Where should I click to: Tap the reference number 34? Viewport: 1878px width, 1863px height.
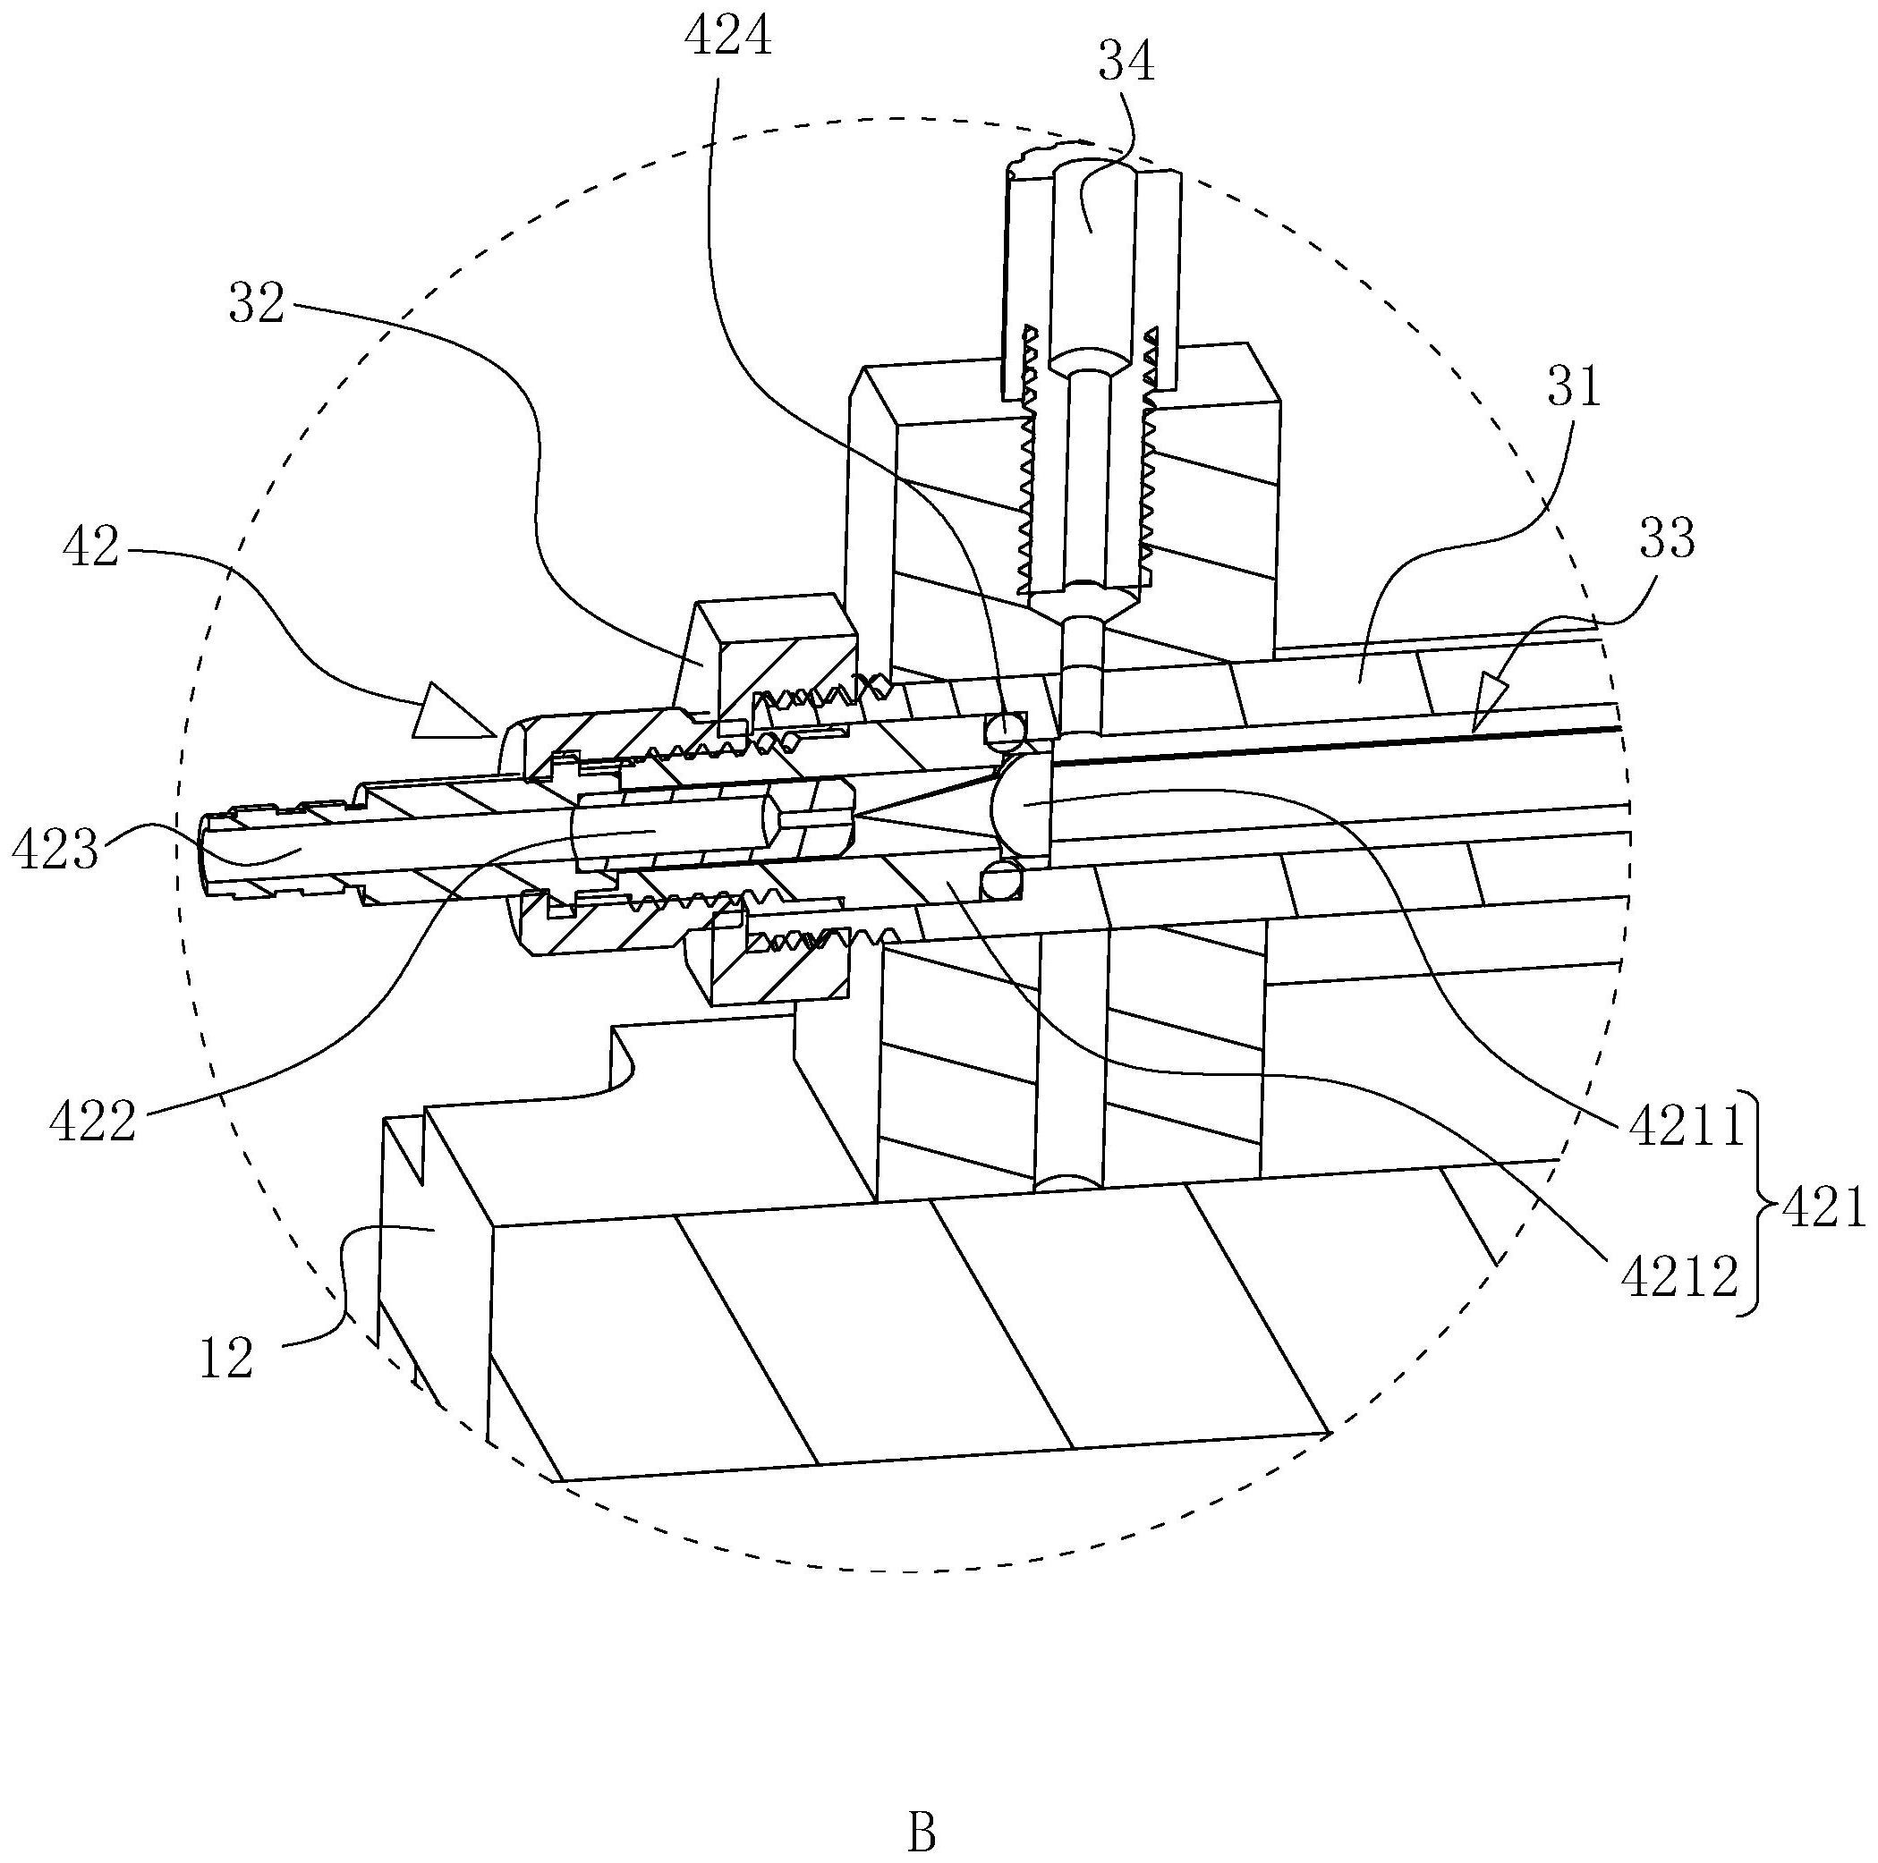coord(1127,63)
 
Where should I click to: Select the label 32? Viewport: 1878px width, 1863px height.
coord(257,303)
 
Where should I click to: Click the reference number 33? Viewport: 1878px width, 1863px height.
coord(1667,538)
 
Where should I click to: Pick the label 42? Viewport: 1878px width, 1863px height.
coord(90,548)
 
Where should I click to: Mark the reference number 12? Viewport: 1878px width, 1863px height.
coord(226,1358)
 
